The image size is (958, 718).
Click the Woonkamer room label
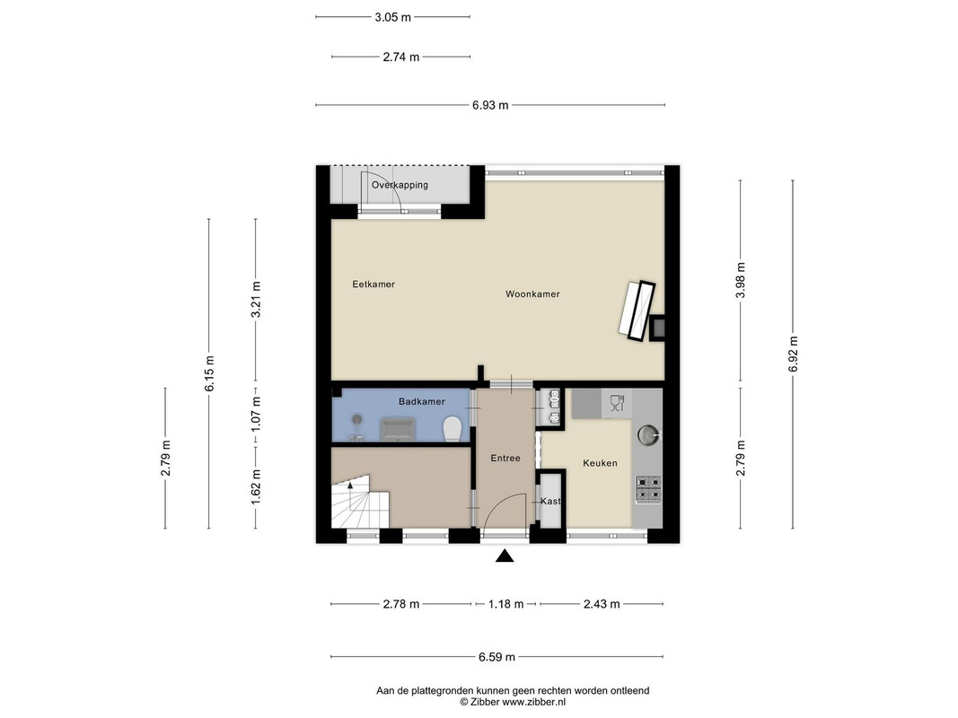(532, 293)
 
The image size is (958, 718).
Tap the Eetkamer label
(374, 284)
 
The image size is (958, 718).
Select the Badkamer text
(422, 401)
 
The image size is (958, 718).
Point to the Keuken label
(600, 463)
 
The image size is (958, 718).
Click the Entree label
(505, 458)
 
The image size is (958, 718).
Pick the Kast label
(550, 502)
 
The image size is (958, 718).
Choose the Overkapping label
(400, 184)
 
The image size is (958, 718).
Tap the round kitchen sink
(647, 434)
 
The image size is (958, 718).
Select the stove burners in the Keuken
(648, 490)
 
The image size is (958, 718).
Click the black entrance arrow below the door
(504, 556)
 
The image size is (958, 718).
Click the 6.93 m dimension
(490, 105)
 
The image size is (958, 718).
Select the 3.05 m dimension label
(393, 17)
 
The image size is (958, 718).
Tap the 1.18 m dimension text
(505, 604)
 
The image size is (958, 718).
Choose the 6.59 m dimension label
(497, 657)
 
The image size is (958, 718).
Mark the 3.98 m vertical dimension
(741, 280)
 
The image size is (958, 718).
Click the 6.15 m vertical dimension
(209, 373)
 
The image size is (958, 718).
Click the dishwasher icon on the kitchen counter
(617, 403)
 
